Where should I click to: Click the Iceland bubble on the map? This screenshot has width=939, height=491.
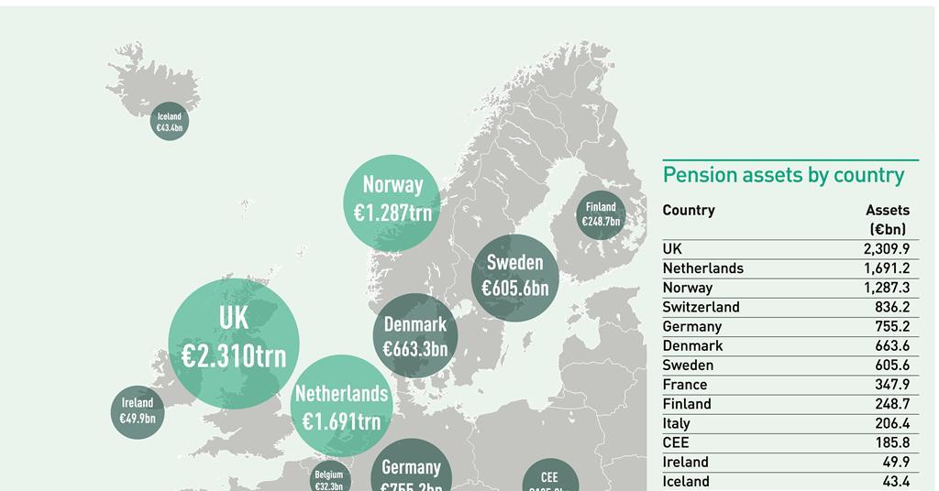pyautogui.click(x=170, y=122)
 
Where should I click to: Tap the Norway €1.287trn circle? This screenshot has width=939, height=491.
pyautogui.click(x=392, y=201)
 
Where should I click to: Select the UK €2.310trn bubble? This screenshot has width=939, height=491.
pyautogui.click(x=234, y=342)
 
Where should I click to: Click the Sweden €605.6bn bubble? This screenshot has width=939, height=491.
pyautogui.click(x=514, y=276)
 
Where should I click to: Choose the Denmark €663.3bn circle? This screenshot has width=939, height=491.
pyautogui.click(x=415, y=336)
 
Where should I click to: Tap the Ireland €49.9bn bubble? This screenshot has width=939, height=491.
pyautogui.click(x=138, y=411)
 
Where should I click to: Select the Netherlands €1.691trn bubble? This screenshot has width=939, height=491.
pyautogui.click(x=341, y=407)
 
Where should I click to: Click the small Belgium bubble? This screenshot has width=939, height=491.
pyautogui.click(x=329, y=478)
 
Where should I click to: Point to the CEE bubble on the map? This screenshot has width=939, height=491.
pyautogui.click(x=550, y=479)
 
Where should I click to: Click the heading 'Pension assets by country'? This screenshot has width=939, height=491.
pyautogui.click(x=783, y=175)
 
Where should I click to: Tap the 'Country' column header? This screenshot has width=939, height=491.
pyautogui.click(x=689, y=210)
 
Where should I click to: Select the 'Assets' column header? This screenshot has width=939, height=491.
pyautogui.click(x=887, y=210)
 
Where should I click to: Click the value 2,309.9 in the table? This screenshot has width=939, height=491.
pyautogui.click(x=886, y=249)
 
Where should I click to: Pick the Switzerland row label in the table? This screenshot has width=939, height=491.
pyautogui.click(x=701, y=307)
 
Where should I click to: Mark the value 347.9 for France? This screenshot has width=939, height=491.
pyautogui.click(x=892, y=385)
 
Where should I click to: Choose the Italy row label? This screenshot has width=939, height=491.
pyautogui.click(x=677, y=423)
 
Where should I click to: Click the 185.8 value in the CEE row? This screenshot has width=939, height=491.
pyautogui.click(x=892, y=442)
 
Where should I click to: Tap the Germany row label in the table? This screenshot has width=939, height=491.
pyautogui.click(x=692, y=326)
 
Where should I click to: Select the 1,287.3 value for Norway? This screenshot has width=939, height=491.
pyautogui.click(x=886, y=288)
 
